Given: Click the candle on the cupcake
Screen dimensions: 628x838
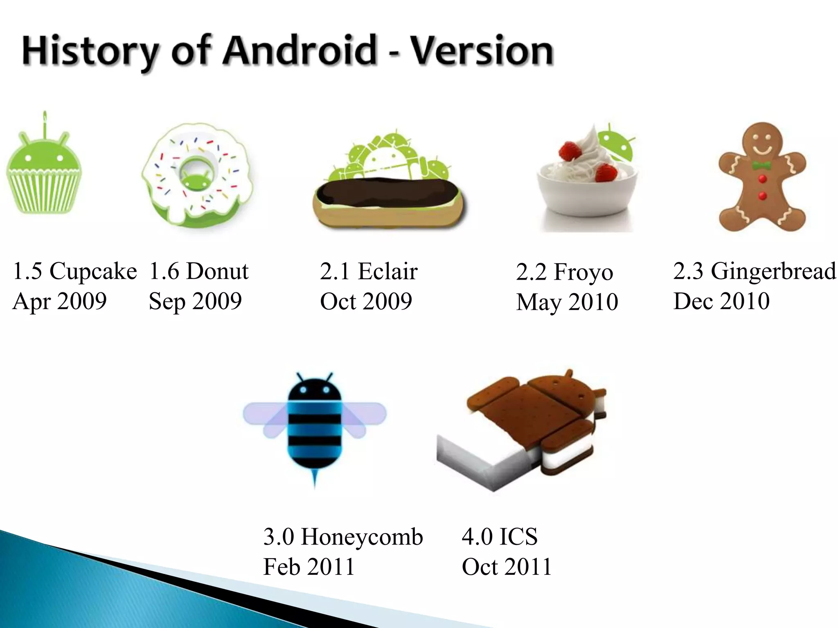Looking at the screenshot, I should click(45, 123).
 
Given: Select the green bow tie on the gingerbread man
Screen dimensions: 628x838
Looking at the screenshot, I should click(761, 166).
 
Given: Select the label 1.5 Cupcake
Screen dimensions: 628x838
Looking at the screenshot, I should click(74, 271).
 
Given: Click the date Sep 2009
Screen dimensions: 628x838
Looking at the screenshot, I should click(195, 301).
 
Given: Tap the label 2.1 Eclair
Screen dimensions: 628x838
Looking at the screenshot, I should click(369, 271).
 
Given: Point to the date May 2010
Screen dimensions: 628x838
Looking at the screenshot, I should click(567, 302).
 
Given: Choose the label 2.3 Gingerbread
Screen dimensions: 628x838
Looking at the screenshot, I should click(755, 271).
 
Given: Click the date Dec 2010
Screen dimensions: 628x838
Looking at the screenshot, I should click(721, 301).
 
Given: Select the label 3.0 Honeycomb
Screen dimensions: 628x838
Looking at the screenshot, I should click(343, 536).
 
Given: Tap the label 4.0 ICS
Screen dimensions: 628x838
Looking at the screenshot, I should click(500, 536).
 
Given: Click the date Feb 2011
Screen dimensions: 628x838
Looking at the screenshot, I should click(309, 567).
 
